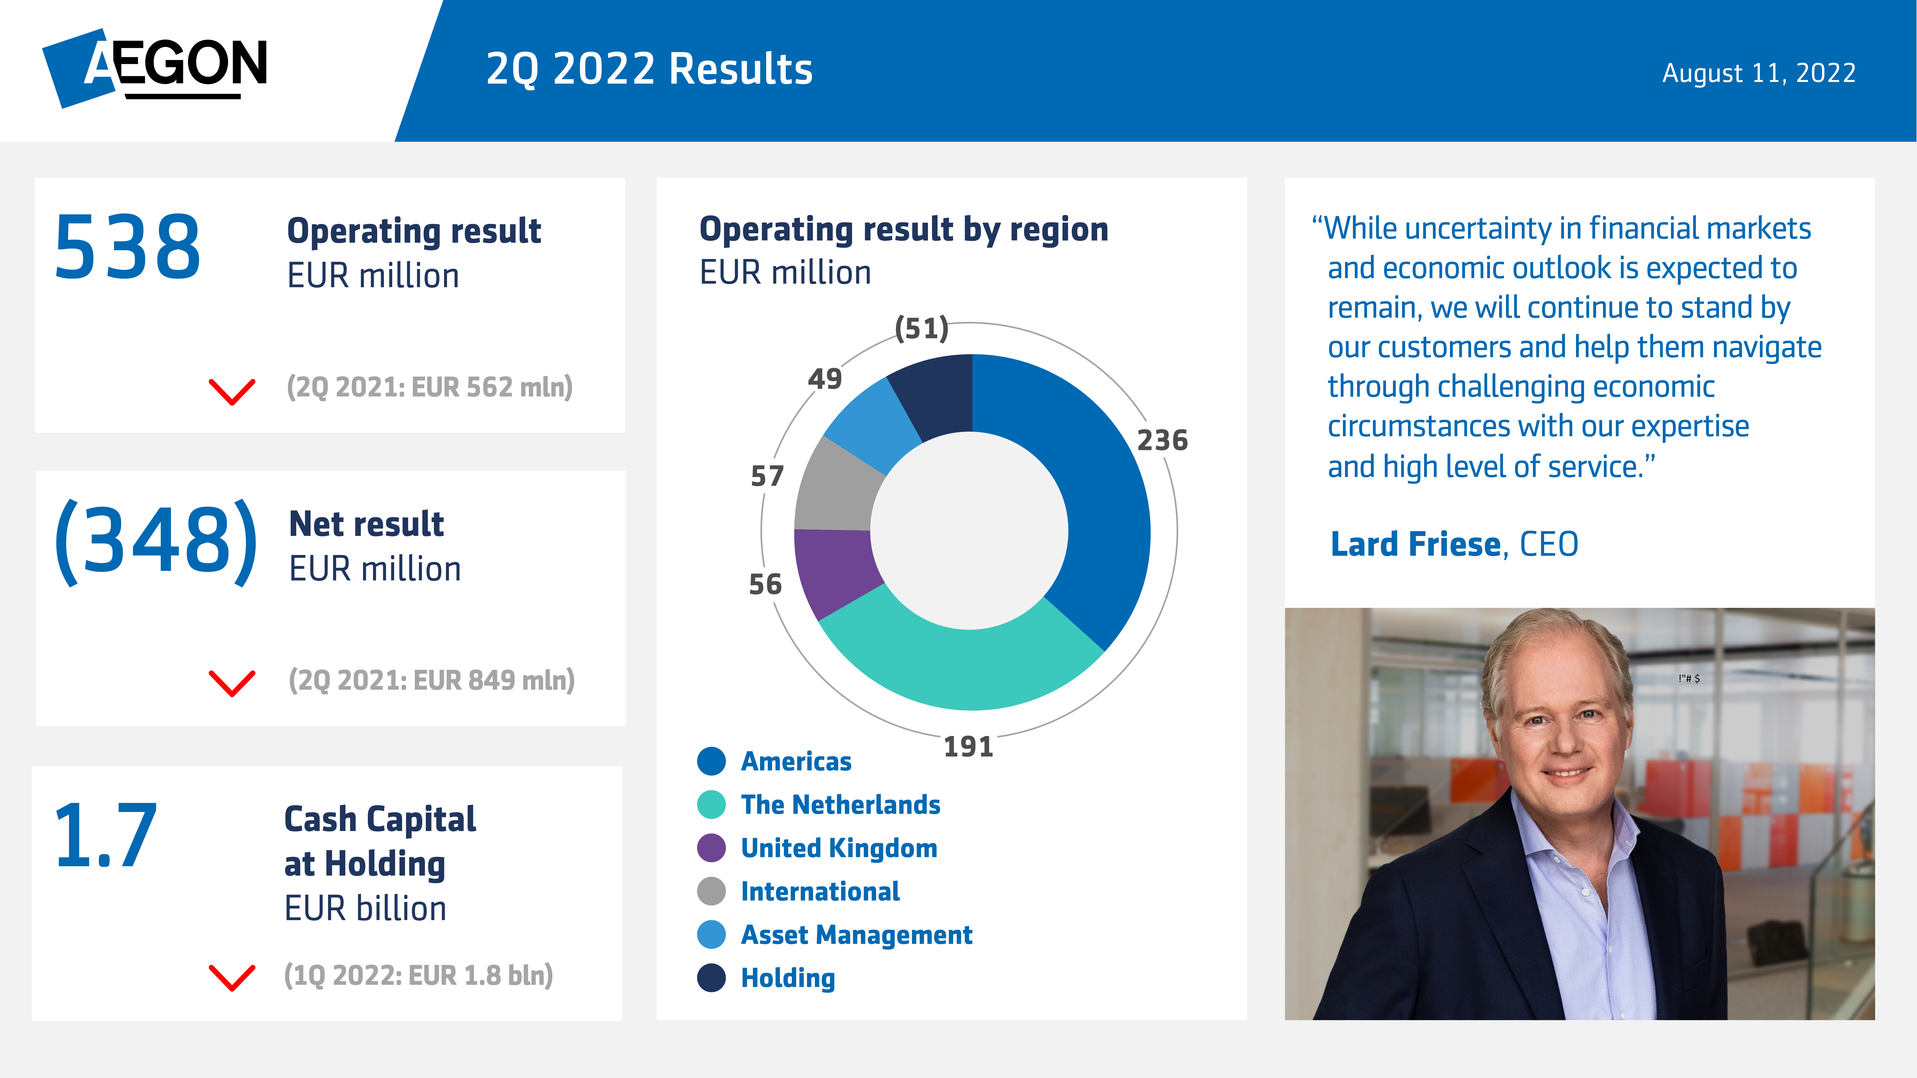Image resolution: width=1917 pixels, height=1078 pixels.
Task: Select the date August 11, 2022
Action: [1759, 73]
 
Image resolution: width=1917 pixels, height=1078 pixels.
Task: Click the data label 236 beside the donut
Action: [1162, 441]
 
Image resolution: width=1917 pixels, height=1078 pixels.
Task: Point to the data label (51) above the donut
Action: [921, 328]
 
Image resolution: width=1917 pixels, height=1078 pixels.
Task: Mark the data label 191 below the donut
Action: [968, 746]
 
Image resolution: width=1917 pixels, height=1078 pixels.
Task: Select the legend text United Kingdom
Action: [839, 848]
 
